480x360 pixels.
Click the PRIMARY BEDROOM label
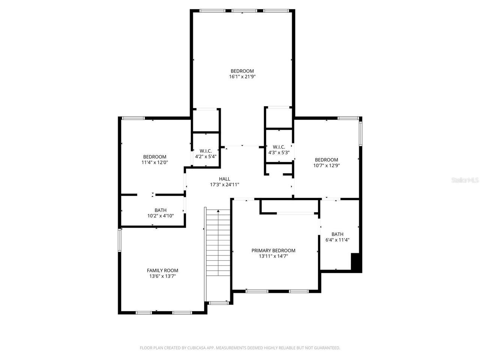pos(273,250)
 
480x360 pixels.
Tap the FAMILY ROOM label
pos(162,270)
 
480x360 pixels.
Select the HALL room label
pos(225,179)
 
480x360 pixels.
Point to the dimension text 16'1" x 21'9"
pos(242,76)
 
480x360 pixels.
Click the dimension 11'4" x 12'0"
pos(154,162)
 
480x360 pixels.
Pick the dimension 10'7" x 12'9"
pos(326,165)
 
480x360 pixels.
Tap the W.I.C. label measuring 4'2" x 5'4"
pos(205,151)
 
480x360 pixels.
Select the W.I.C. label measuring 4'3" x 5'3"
pos(279,147)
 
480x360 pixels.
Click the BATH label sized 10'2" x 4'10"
pos(160,210)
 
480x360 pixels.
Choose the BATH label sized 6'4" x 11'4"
pos(337,234)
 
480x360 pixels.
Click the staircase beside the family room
pos(218,255)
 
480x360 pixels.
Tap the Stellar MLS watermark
pos(465,180)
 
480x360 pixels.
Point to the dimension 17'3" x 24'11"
pos(225,184)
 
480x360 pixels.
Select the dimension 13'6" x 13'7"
pos(162,276)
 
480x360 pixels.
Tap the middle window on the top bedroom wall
pos(242,11)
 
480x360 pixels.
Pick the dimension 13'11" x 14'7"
pos(273,256)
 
